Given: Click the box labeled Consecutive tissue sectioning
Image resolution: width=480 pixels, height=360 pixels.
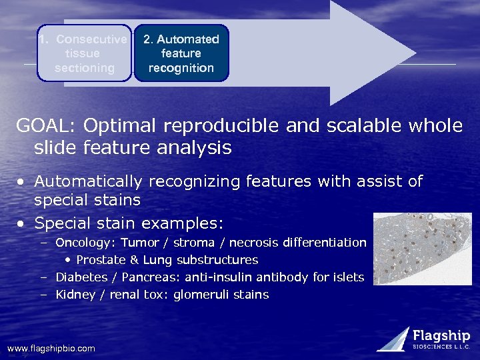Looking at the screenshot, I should point(84,53).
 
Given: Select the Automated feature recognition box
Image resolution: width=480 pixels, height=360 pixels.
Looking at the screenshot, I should point(181,53).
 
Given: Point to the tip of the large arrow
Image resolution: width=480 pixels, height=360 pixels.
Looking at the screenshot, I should point(414,53).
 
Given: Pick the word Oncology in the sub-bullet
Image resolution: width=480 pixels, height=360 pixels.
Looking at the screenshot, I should point(84,243).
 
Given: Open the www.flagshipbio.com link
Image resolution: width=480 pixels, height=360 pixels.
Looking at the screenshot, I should point(51,349).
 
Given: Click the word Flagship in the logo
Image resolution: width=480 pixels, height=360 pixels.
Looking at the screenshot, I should point(441,336).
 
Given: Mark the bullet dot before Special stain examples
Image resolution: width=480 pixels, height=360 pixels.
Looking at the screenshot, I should point(22,223).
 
